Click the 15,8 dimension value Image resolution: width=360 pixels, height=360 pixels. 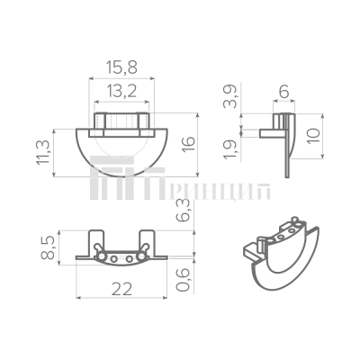(121, 69)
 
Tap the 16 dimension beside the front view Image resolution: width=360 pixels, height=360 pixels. (187, 145)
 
